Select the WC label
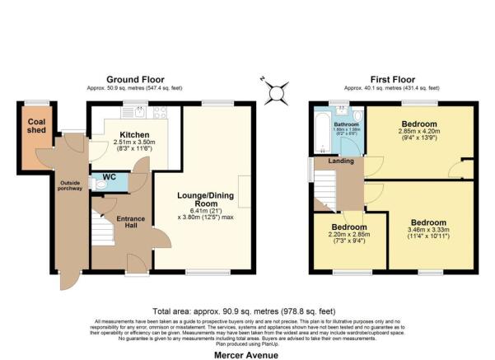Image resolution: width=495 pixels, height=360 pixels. (110, 176)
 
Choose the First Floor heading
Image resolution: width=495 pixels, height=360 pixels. (391, 80)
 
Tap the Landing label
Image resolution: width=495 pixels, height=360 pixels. (341, 161)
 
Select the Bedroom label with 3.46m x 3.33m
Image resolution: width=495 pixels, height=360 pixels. (429, 222)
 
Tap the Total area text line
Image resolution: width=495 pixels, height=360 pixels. (247, 311)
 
